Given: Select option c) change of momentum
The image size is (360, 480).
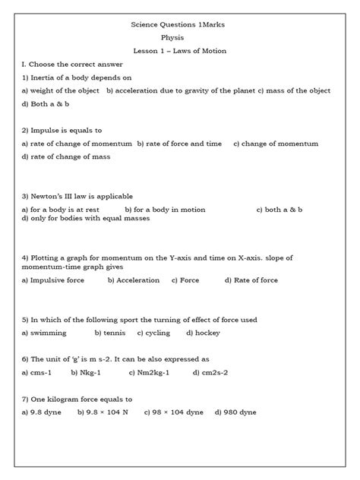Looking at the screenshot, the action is click(x=275, y=144).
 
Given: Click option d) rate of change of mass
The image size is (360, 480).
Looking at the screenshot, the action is click(x=66, y=156).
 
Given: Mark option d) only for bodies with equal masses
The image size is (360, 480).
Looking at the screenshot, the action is click(x=86, y=218).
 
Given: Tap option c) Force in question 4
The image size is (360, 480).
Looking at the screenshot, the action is click(x=185, y=280).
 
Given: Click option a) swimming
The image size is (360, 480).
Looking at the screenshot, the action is click(x=44, y=333).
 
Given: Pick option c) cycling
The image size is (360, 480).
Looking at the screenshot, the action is click(x=155, y=333).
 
